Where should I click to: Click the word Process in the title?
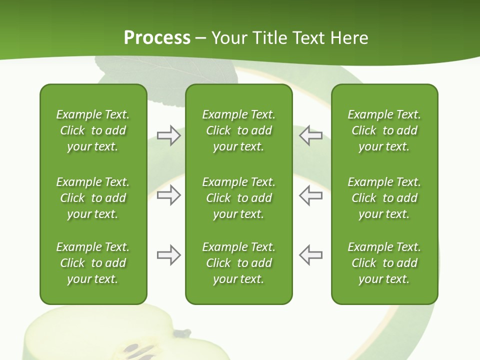157,38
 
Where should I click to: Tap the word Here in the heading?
348,38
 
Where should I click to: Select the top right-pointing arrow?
168,135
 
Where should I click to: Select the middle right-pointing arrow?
168,195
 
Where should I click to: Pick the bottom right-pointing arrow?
168,255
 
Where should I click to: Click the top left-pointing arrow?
311,135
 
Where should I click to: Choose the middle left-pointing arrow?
311,195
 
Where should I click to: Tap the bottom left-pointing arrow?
311,255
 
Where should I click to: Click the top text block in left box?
93,130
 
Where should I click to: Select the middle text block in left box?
93,198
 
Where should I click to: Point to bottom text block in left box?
93,263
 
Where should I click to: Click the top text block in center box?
238,130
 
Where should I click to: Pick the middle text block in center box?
238,198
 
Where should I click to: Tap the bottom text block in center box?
238,263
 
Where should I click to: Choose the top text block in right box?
384,130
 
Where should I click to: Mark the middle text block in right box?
384,198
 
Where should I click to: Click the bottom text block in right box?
384,263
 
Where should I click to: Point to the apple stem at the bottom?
184,332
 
